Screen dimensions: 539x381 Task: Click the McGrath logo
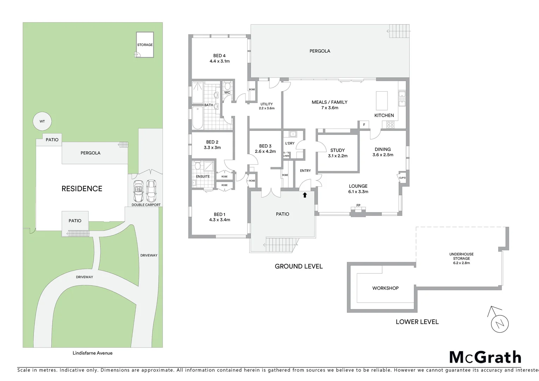pos(485,357)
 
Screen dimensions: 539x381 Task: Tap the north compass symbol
pos(500,323)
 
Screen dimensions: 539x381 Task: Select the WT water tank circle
pos(42,121)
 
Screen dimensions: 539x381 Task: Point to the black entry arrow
pos(305,194)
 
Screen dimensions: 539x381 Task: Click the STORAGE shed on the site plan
pos(145,45)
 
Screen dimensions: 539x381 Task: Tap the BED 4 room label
pos(219,56)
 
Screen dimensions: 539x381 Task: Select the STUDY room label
pos(337,150)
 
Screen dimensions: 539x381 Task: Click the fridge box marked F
pos(364,125)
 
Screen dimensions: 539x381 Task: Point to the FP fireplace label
pos(358,205)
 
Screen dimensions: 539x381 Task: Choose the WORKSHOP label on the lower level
pos(385,288)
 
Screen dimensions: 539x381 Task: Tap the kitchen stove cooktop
pos(390,124)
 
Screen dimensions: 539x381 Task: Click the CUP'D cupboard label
pos(402,178)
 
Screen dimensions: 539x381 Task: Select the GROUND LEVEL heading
pos(299,266)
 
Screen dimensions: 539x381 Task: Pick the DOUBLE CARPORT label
pos(146,205)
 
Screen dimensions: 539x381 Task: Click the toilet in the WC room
pos(227,86)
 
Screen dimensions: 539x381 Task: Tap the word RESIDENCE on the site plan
pos(82,189)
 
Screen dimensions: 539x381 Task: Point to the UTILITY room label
pos(267,104)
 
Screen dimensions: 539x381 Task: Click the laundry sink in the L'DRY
pos(292,134)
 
